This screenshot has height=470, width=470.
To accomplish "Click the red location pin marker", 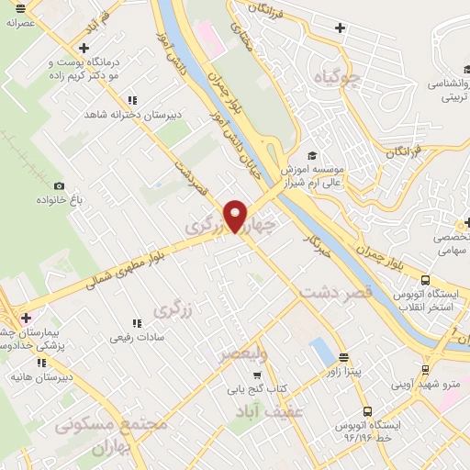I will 237,216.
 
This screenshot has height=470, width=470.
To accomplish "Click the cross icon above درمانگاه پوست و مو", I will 84,48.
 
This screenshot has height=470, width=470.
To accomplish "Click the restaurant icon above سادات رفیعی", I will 135,322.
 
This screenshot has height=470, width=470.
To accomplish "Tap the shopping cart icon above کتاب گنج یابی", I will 258,375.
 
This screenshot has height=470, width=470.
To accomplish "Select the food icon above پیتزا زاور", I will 343,358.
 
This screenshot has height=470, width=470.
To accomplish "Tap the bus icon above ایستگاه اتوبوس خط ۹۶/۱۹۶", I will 367,411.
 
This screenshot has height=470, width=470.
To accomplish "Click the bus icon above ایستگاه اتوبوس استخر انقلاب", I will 424,280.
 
